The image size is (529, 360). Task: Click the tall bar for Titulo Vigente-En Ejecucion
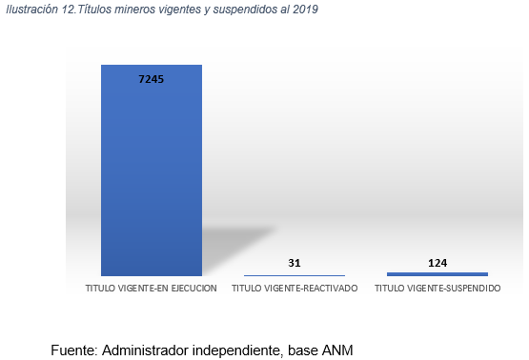152,170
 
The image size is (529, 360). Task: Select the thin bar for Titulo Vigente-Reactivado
295,275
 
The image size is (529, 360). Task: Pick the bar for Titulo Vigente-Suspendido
437,274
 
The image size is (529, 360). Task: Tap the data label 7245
152,79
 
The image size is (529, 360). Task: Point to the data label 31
295,263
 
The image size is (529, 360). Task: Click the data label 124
437,263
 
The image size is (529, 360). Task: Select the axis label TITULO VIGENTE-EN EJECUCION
152,289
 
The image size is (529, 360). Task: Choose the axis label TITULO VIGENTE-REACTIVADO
295,289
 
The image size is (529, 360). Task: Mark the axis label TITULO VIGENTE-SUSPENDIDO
437,289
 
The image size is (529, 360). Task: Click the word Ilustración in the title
32,10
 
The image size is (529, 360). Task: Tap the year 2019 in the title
305,10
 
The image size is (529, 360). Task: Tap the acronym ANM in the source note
337,350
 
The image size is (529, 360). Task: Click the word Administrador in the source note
146,350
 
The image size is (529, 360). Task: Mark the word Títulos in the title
94,10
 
